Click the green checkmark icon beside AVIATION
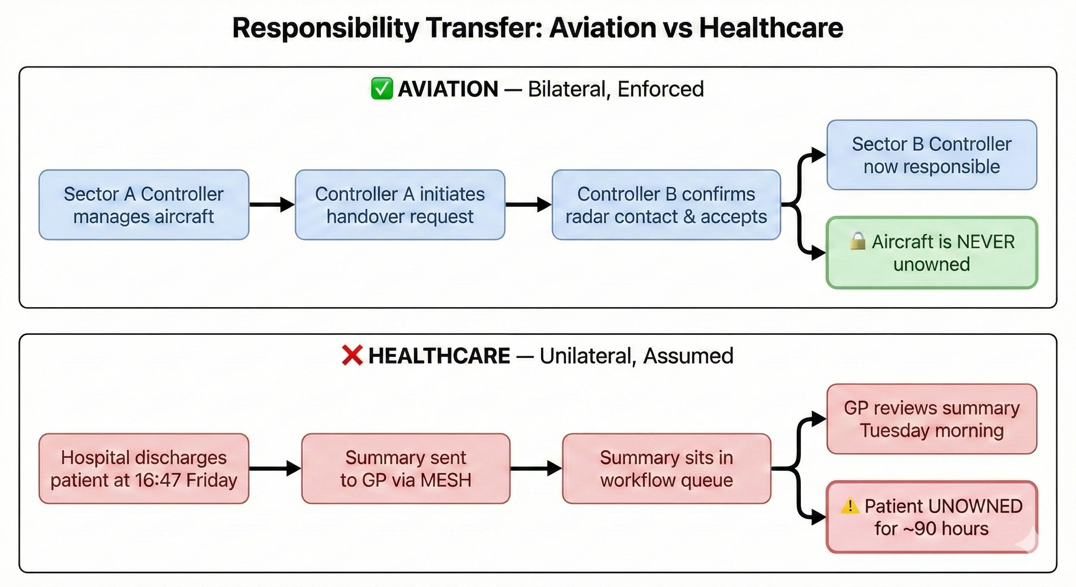point(381,89)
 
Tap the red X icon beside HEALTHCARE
point(352,355)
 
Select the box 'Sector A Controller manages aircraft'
point(144,205)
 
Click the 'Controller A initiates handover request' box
point(400,205)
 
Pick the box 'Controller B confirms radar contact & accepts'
point(666,205)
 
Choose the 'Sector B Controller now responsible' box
point(932,155)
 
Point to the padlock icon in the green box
point(857,241)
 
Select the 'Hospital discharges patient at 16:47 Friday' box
point(144,469)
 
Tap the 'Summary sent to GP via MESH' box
point(405,469)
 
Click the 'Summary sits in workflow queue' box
point(666,469)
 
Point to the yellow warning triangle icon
point(850,506)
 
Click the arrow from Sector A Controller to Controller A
point(272,204)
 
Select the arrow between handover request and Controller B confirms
point(528,204)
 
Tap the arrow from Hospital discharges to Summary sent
point(275,469)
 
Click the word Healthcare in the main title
point(771,28)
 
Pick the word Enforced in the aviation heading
point(660,89)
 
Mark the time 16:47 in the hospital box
point(157,480)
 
